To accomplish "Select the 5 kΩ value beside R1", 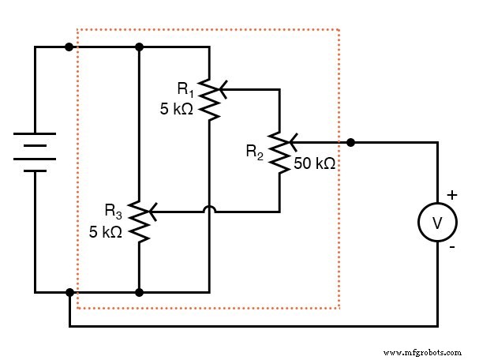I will pos(176,111).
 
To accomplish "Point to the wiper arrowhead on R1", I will pos(223,90).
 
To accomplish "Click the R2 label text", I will pos(254,151).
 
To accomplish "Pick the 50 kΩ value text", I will pos(315,164).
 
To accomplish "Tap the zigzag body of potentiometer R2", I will pos(279,151).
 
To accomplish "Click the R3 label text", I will pos(114,212).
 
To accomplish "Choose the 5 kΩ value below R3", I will pos(104,232).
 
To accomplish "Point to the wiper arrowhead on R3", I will pos(152,212).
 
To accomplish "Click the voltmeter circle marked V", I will pos(437,223).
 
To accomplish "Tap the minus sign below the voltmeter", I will pos(451,248).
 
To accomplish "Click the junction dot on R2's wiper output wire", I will pos(351,143).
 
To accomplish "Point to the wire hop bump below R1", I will pos(209,210).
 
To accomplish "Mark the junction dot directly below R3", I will pos(139,292).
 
